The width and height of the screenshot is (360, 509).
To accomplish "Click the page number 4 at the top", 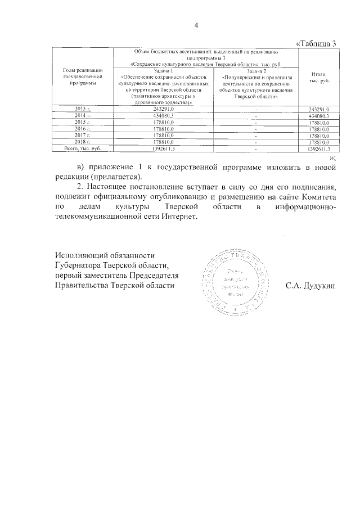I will [196, 25].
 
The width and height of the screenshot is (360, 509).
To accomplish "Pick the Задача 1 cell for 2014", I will [163, 115].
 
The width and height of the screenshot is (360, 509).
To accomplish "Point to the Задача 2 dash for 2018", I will [255, 142].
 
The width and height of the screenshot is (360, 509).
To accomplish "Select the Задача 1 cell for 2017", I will [163, 135].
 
